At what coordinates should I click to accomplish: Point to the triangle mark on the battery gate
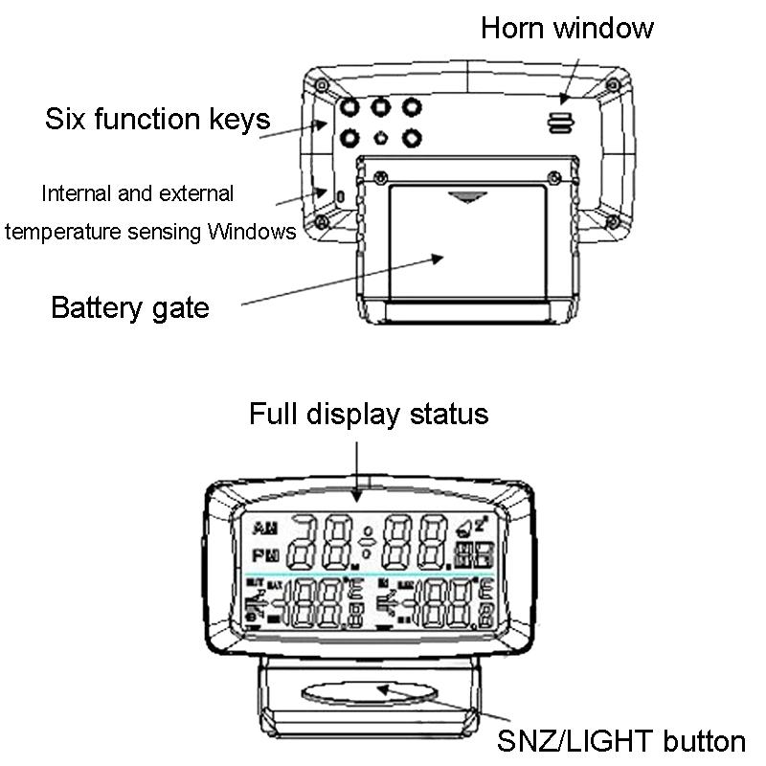(x=466, y=198)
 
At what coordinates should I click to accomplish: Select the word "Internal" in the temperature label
(x=75, y=193)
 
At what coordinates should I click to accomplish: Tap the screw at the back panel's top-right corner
(x=611, y=85)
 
